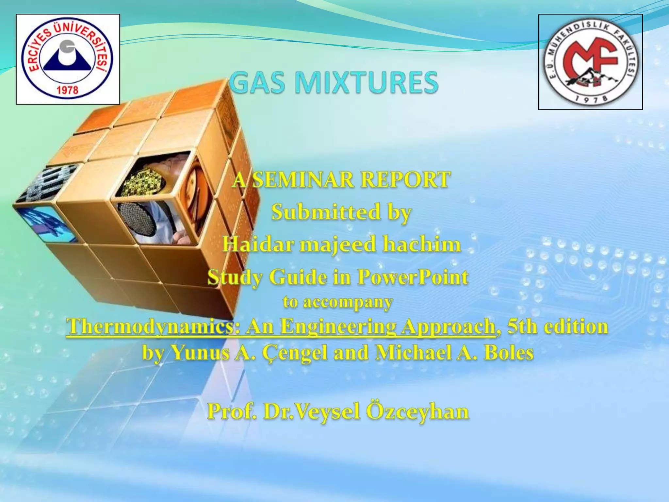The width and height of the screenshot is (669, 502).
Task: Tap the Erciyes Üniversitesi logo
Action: (x=68, y=59)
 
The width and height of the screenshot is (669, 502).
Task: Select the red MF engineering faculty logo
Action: (x=590, y=62)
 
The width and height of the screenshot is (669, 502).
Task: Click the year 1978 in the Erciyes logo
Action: (x=68, y=90)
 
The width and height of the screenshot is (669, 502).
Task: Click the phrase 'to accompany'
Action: (x=338, y=303)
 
